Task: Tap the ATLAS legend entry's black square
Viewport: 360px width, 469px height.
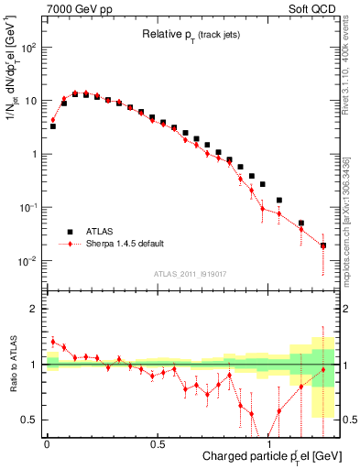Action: coord(69,232)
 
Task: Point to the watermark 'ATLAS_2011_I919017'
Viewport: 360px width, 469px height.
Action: coord(191,272)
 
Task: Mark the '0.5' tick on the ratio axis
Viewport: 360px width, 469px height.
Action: coord(30,420)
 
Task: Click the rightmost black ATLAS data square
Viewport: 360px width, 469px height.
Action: coord(323,245)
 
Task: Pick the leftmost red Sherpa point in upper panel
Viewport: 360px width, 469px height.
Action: coord(52,119)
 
